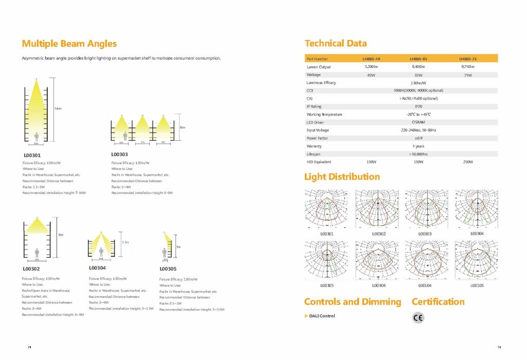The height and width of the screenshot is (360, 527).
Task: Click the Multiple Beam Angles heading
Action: coord(69,44)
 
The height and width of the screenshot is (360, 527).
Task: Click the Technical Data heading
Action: coord(336,43)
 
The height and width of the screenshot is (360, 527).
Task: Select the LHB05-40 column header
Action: coord(371,59)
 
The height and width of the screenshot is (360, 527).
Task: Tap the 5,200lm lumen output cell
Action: coord(371,67)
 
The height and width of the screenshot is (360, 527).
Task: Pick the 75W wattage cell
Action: coord(467,75)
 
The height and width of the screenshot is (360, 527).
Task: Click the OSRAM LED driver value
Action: coord(417,122)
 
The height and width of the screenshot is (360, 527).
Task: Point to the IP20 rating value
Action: coord(418,106)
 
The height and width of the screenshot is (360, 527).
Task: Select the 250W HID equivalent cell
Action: coord(467,162)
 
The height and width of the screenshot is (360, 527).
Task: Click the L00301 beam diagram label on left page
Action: coord(32,154)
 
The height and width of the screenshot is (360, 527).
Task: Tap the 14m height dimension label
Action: coord(58,109)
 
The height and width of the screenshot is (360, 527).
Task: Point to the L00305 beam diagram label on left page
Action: coord(168,268)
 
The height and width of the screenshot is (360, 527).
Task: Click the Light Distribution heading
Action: coord(342,177)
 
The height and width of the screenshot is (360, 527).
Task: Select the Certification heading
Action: coord(438,302)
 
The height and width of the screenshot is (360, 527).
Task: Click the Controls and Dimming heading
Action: coord(353,302)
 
